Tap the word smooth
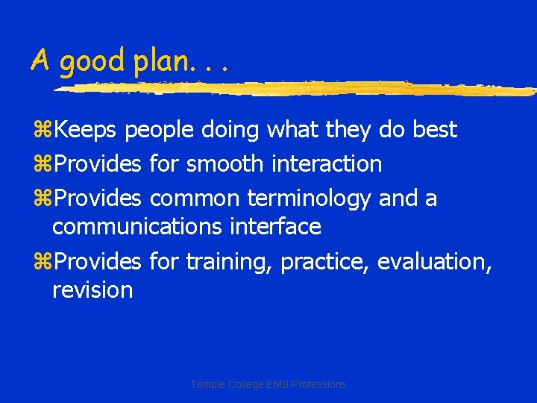tap(224, 163)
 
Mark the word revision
tap(92, 290)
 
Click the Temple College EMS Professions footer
tap(268, 384)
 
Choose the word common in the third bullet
tap(195, 199)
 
